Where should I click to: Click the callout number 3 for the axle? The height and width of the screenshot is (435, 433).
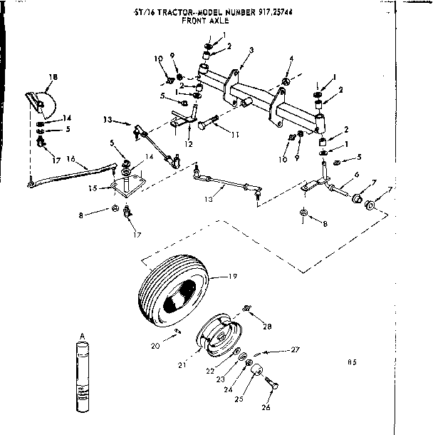[251, 50]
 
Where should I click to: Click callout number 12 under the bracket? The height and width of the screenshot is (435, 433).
[188, 143]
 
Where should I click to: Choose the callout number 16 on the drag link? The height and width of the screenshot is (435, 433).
[71, 159]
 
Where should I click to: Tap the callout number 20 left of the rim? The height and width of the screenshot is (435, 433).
[156, 346]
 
